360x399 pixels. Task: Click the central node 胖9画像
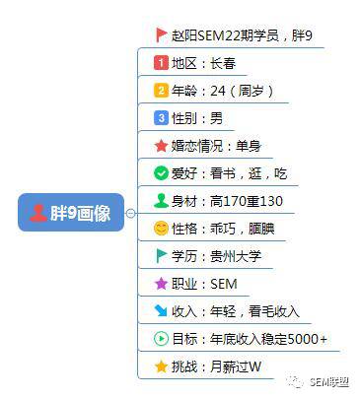click(x=71, y=213)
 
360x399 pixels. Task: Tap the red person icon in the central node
click(x=38, y=213)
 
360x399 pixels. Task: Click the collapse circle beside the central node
click(x=130, y=213)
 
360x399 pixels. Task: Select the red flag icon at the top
click(x=161, y=34)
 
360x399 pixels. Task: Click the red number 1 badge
click(x=161, y=62)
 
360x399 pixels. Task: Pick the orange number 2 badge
click(x=161, y=90)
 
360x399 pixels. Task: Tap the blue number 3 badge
click(x=161, y=117)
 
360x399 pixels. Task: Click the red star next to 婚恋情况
click(x=161, y=146)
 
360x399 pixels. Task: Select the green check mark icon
click(x=161, y=173)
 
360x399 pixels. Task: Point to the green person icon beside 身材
click(x=161, y=200)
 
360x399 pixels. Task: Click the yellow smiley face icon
click(x=161, y=229)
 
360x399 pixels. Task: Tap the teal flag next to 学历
click(x=161, y=256)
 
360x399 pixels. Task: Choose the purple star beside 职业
click(x=161, y=284)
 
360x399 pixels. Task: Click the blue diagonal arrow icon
click(x=161, y=311)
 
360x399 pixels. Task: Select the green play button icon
click(x=161, y=339)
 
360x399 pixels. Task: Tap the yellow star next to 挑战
click(x=161, y=366)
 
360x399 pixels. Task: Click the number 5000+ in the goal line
click(x=308, y=339)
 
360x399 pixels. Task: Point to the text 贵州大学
click(x=236, y=256)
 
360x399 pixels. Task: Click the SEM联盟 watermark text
click(x=329, y=382)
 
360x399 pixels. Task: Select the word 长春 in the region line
click(x=223, y=63)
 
